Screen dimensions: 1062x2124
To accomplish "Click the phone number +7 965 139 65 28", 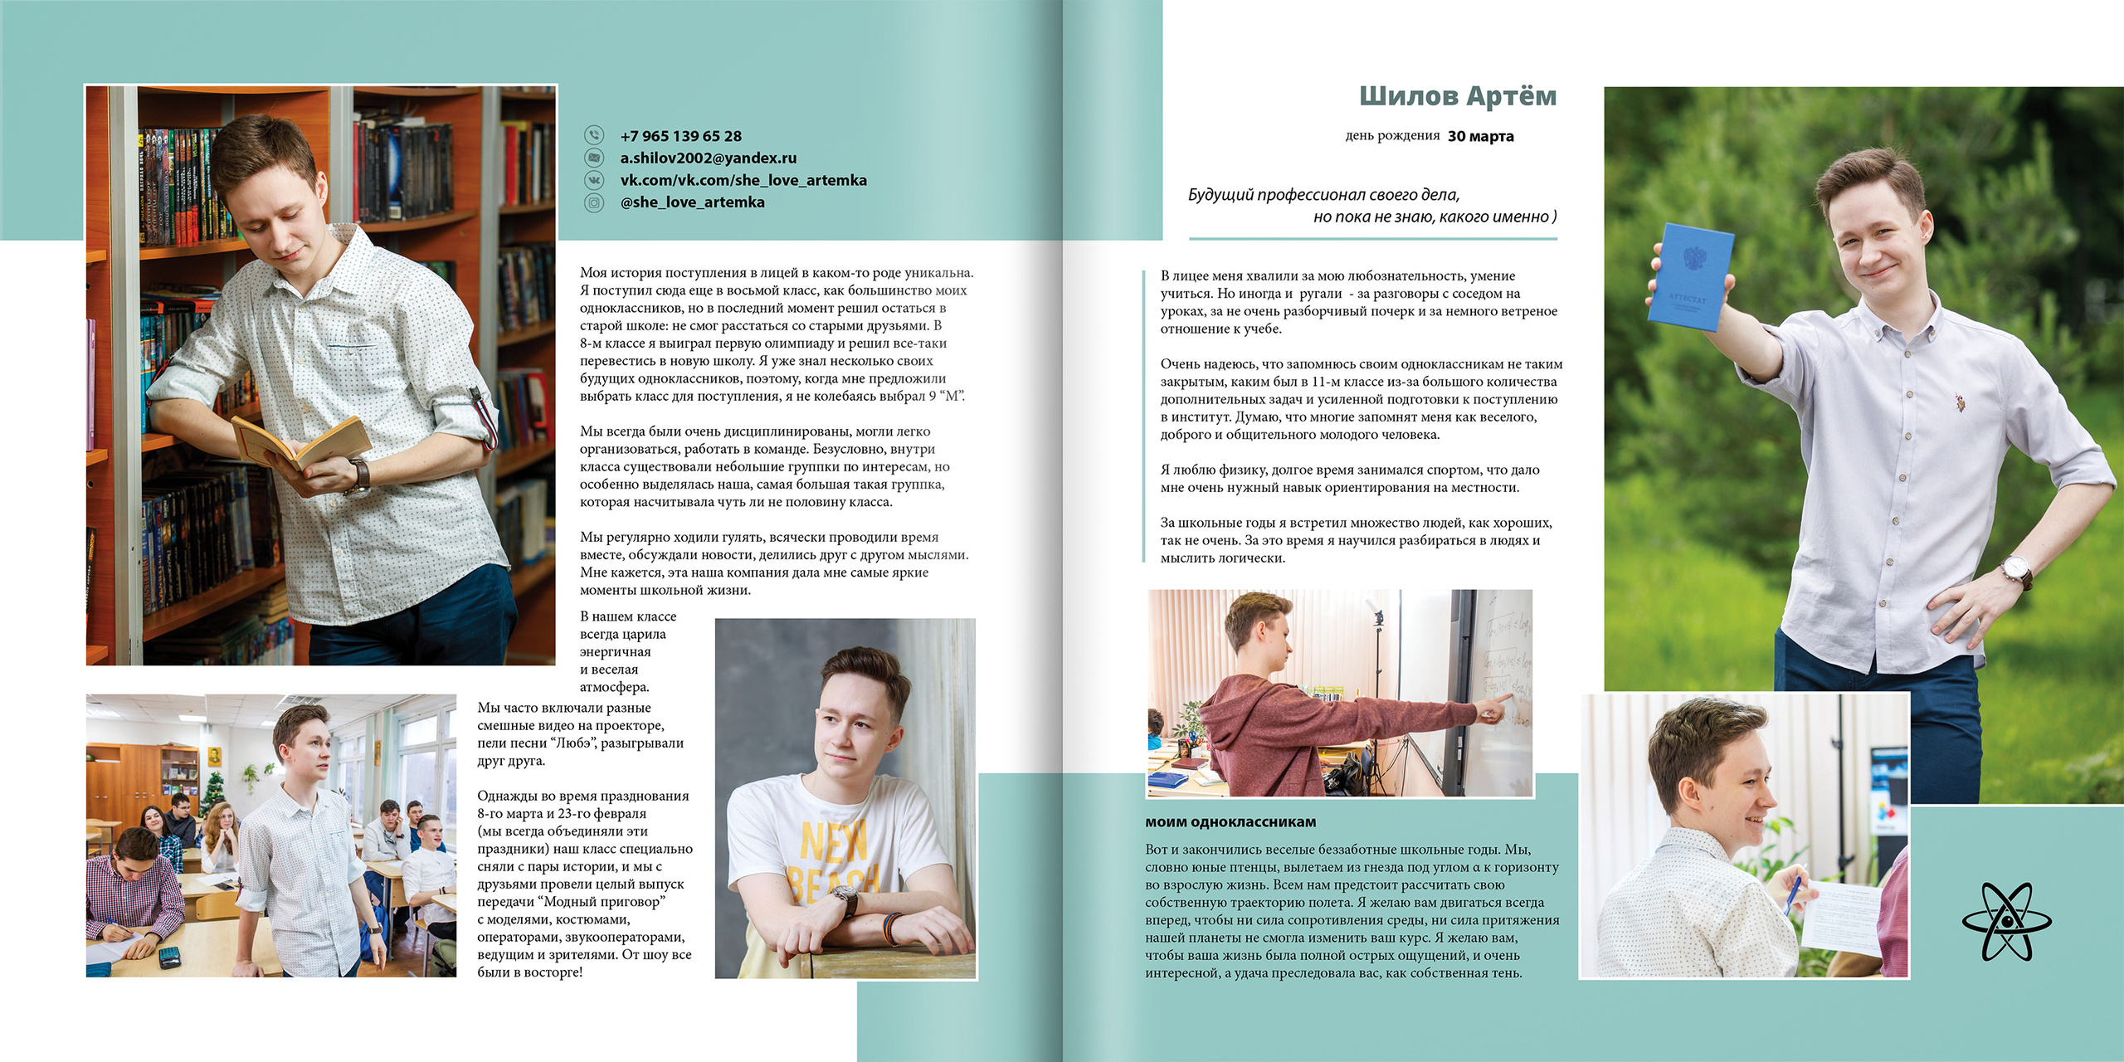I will pyautogui.click(x=680, y=136).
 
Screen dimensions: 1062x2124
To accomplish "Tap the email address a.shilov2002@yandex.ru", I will pyautogui.click(x=708, y=158).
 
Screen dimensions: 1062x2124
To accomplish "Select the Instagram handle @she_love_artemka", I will pyautogui.click(x=692, y=202).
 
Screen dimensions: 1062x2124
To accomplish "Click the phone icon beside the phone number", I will pyautogui.click(x=594, y=135).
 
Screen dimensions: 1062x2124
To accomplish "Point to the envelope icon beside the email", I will pyautogui.click(x=594, y=158).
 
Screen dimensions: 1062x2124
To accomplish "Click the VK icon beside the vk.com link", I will pyautogui.click(x=594, y=180).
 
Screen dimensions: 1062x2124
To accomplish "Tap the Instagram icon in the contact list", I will pyautogui.click(x=594, y=202).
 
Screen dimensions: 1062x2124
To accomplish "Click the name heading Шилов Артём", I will pyautogui.click(x=1457, y=96).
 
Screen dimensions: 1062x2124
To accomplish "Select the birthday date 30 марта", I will pyautogui.click(x=1480, y=136).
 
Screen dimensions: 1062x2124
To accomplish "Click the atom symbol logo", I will pyautogui.click(x=2006, y=921).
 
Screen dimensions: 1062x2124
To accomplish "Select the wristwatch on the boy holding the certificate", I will pyautogui.click(x=2016, y=571).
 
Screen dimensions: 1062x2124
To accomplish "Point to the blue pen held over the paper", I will pyautogui.click(x=1794, y=893).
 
